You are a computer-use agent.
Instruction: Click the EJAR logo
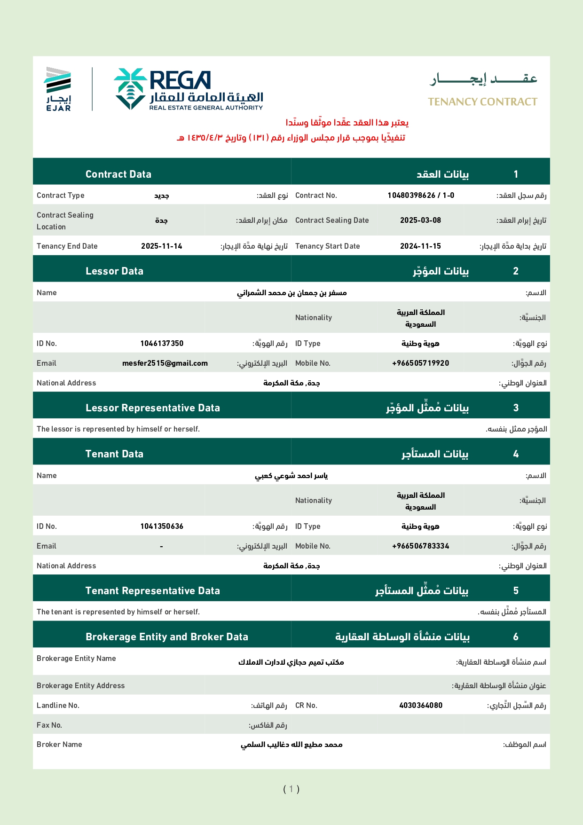point(58,89)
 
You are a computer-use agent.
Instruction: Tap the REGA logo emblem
point(130,88)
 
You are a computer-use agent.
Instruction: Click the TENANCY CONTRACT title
point(482,102)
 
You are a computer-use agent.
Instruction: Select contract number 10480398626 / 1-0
point(421,196)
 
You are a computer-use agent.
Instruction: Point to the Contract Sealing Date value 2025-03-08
point(420,220)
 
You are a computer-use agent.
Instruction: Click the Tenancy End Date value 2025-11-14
point(161,246)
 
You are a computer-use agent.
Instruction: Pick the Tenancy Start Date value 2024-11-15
point(420,246)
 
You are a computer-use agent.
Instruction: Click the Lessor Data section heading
point(114,271)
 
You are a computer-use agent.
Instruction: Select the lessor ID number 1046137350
point(162,344)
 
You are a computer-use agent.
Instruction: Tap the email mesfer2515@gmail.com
point(165,363)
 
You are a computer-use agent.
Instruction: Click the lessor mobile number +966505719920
point(420,363)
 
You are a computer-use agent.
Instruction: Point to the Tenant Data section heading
point(114,454)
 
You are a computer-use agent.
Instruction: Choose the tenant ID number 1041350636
point(162,526)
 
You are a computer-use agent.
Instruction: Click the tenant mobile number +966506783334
point(420,546)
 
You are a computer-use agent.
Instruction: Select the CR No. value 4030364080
point(420,706)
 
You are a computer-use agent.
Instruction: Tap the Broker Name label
point(59,745)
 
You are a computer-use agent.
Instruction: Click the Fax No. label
point(49,725)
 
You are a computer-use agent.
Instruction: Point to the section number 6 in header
point(516,637)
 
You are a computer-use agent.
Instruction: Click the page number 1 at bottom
point(291,789)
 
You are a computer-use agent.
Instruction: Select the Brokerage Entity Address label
point(80,686)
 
